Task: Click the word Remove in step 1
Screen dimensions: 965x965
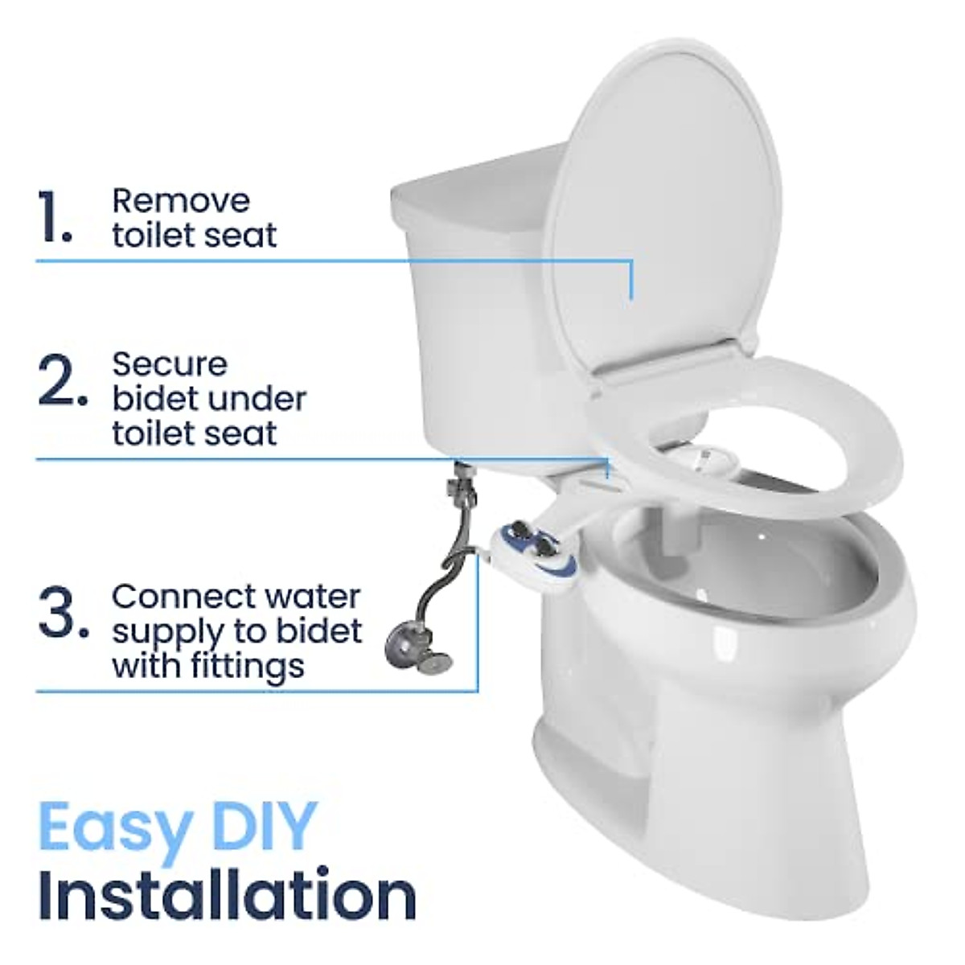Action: pos(181,200)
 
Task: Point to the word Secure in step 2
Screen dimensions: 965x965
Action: pos(170,364)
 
